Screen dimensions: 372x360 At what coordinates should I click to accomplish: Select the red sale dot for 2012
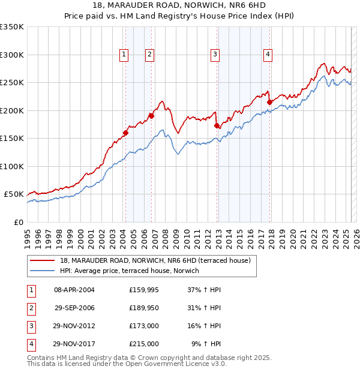click(217, 125)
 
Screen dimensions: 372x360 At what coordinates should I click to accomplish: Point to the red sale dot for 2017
click(270, 102)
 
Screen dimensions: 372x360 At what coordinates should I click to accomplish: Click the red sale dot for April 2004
click(125, 133)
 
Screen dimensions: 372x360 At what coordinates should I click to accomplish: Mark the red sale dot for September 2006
click(151, 116)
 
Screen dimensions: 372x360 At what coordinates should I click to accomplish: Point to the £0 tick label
click(19, 222)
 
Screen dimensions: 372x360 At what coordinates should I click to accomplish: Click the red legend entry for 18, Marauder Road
click(158, 260)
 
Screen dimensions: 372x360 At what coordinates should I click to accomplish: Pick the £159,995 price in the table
click(143, 290)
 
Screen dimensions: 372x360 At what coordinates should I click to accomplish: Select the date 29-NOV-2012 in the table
click(74, 326)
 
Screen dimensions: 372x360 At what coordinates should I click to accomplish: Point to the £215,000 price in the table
click(143, 344)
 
